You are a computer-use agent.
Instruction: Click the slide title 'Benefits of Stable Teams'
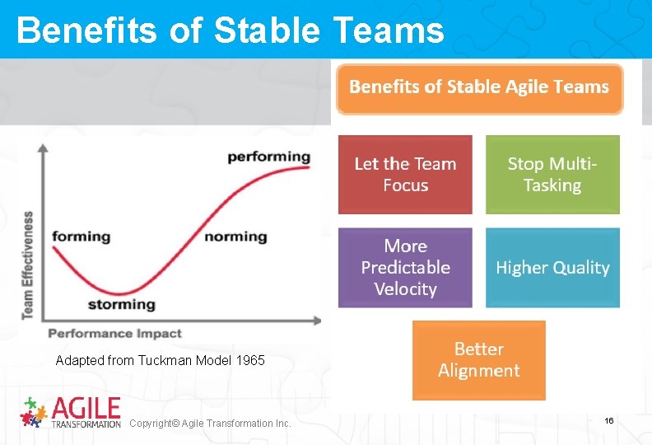pyautogui.click(x=230, y=30)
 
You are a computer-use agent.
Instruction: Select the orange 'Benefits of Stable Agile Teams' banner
pyautogui.click(x=479, y=88)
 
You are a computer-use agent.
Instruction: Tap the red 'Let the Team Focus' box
pyautogui.click(x=405, y=175)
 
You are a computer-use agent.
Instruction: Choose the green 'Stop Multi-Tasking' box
pyautogui.click(x=552, y=175)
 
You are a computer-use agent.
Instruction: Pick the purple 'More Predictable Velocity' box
pyautogui.click(x=405, y=268)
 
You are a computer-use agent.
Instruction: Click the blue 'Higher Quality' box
pyautogui.click(x=552, y=268)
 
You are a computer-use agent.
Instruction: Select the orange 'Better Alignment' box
pyautogui.click(x=479, y=360)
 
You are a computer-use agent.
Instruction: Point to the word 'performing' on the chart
pyautogui.click(x=268, y=156)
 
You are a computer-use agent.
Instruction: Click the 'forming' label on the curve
pyautogui.click(x=81, y=237)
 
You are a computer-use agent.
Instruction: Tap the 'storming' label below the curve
pyautogui.click(x=121, y=304)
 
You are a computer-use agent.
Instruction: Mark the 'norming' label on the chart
pyautogui.click(x=235, y=237)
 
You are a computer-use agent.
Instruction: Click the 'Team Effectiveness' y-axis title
pyautogui.click(x=28, y=265)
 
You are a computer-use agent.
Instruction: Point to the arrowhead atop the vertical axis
pyautogui.click(x=44, y=147)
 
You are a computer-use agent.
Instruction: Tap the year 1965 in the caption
pyautogui.click(x=250, y=361)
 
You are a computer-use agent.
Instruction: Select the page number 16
pyautogui.click(x=608, y=421)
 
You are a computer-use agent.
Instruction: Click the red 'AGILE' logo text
pyautogui.click(x=86, y=408)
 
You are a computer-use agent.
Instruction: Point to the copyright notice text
pyautogui.click(x=210, y=424)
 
